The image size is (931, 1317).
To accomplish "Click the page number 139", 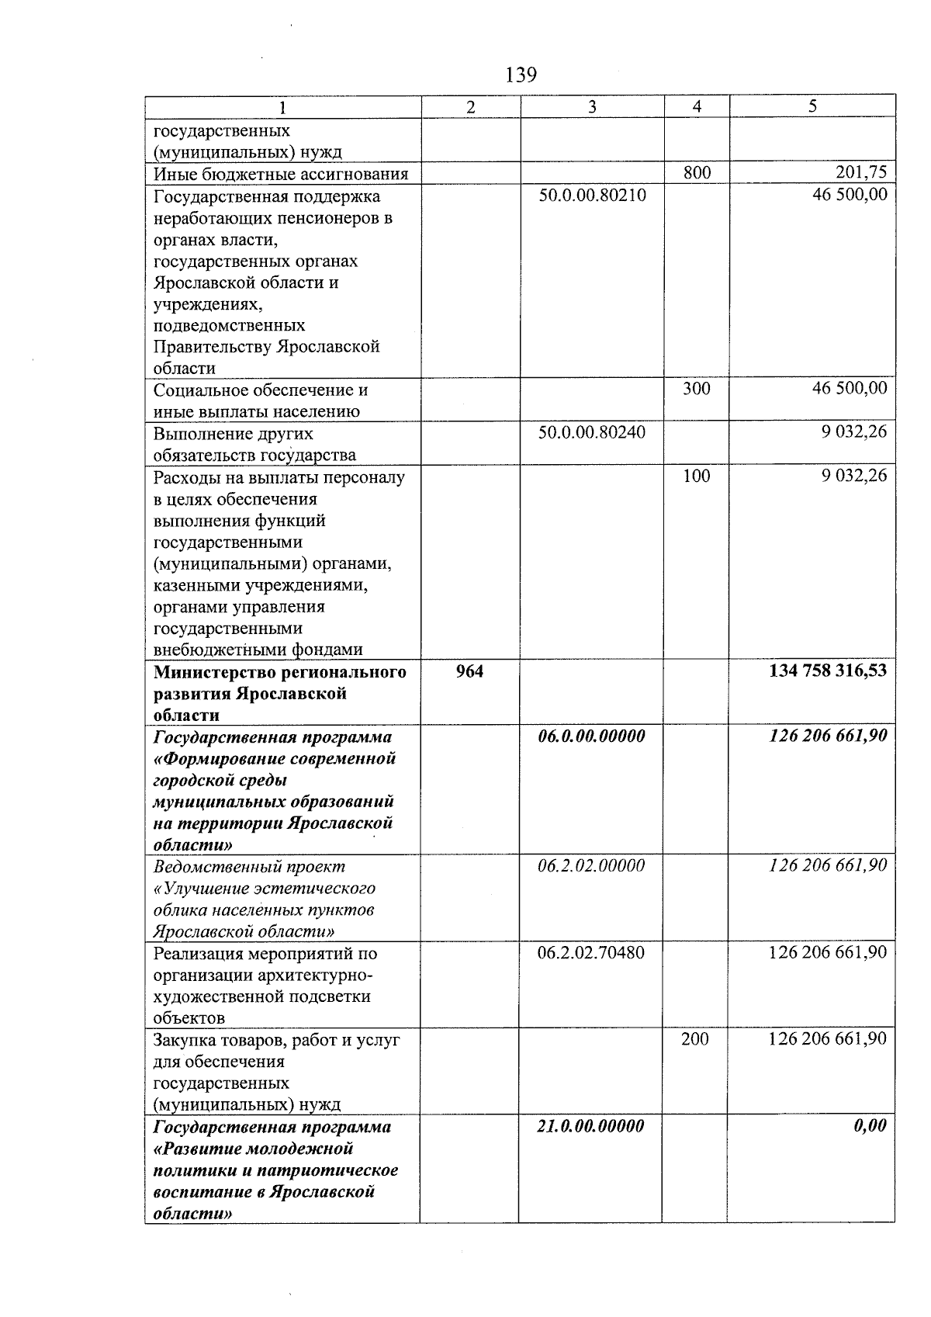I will point(521,75).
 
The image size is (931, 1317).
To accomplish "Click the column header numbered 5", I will point(812,106).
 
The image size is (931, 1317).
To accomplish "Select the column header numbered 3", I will point(592,107).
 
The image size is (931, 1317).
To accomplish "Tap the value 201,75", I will point(860,172).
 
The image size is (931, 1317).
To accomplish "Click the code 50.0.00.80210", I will point(592,195).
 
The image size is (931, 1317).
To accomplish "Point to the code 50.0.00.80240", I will point(592,431).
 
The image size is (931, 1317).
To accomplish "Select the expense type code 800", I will point(697,173).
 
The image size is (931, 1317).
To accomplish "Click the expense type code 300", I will point(696,389).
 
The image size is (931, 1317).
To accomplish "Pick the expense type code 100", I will point(696,476).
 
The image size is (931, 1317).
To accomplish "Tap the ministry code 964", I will point(469,671).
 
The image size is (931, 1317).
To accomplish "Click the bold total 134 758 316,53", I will point(827,671).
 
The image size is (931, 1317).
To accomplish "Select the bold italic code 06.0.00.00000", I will point(591,736).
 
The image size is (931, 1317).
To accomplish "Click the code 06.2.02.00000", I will point(591,866).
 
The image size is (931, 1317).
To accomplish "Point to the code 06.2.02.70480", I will point(591,952).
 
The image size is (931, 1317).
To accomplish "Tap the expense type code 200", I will point(695,1039).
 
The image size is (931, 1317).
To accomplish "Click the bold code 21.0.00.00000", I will point(590,1126).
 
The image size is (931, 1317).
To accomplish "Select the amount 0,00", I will point(870,1126).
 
